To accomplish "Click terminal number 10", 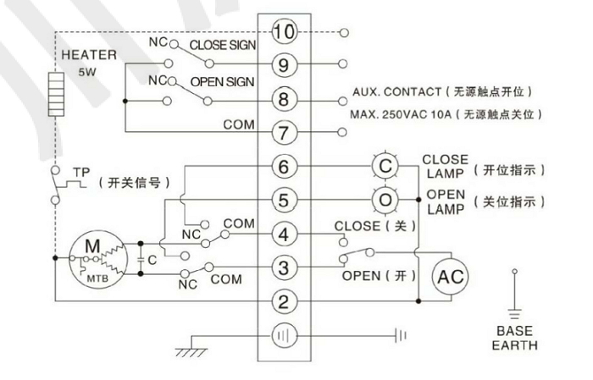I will click(x=285, y=33).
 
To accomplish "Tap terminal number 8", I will click(x=285, y=98).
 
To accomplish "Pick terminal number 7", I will click(x=285, y=132).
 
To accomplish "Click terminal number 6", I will click(x=285, y=167).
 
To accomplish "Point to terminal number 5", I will click(x=285, y=201).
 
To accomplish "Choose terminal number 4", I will click(x=285, y=234).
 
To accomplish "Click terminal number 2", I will click(x=285, y=300).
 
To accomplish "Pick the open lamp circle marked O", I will click(x=385, y=201).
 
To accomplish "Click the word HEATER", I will click(x=83, y=54).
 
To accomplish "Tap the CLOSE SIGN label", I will click(x=219, y=45).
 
